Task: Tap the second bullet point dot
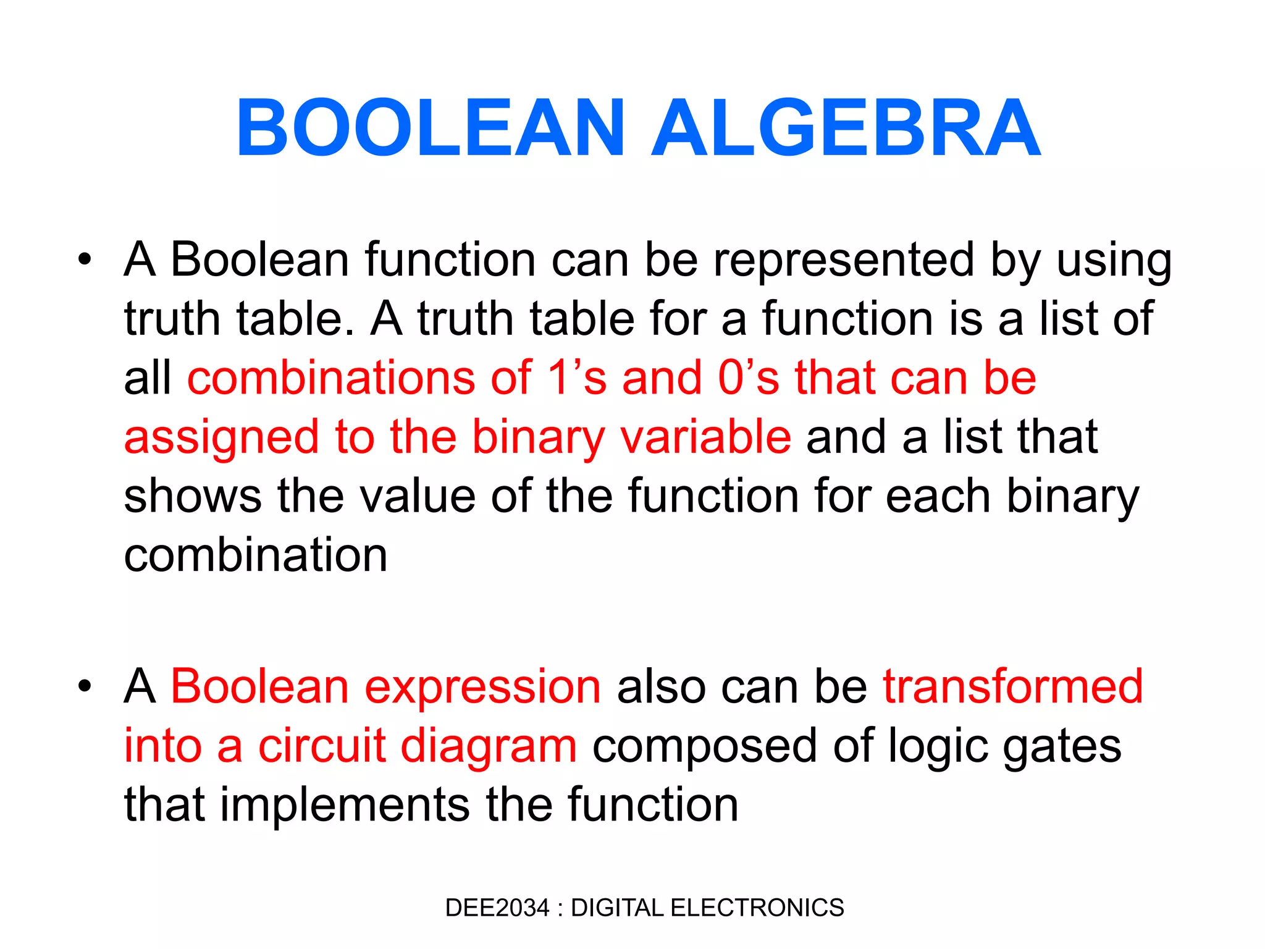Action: coord(85,686)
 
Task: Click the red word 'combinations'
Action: coord(331,377)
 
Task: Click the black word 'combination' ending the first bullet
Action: coord(256,555)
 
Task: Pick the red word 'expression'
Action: coord(482,687)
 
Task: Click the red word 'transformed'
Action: coord(1013,686)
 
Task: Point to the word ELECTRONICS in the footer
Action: coord(757,908)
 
